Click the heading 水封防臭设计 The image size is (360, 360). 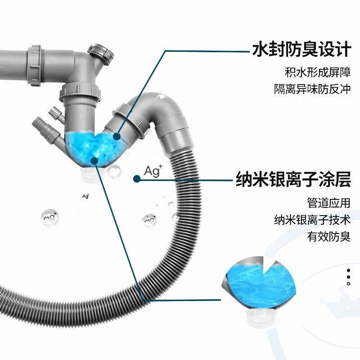(301, 49)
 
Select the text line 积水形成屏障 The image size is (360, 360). (317, 72)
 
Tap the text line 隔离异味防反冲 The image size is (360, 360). (312, 89)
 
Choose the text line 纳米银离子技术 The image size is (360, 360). (312, 220)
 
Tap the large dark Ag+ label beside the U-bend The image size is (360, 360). (153, 171)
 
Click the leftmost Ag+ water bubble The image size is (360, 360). (49, 216)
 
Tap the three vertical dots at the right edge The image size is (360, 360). (348, 277)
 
